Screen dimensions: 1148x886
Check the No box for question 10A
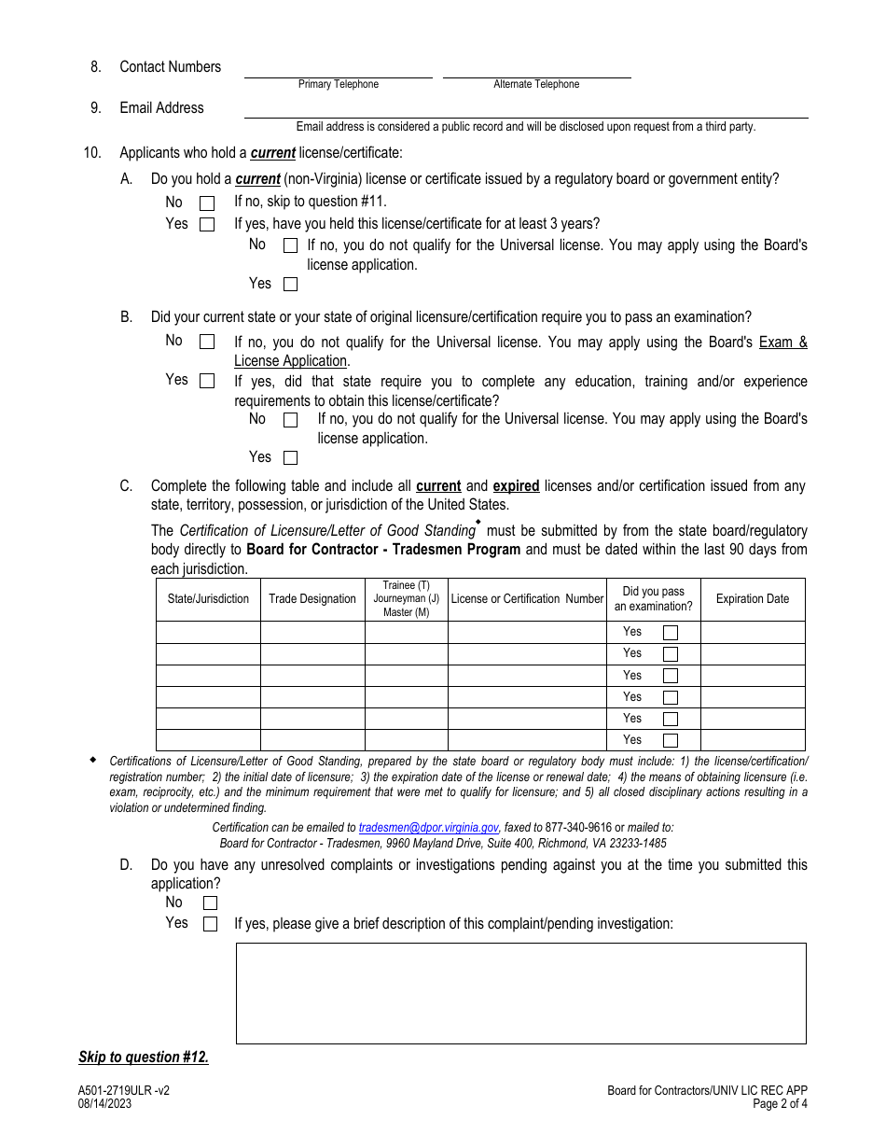click(x=207, y=203)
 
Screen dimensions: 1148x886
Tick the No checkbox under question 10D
click(x=210, y=903)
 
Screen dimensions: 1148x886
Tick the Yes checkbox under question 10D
click(x=210, y=924)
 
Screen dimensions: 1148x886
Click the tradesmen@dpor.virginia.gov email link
click(x=428, y=827)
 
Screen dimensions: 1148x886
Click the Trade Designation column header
click(x=312, y=599)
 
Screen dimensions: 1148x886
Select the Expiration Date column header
click(x=752, y=599)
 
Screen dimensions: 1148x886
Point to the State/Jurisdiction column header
click(x=208, y=599)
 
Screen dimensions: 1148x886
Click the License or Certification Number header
click(x=527, y=599)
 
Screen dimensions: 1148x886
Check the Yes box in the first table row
click(x=670, y=633)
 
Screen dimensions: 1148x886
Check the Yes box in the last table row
click(x=670, y=741)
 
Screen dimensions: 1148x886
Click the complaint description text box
click(x=520, y=993)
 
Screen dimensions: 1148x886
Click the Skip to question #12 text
click(x=144, y=1057)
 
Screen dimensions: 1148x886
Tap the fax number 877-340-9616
click(x=578, y=827)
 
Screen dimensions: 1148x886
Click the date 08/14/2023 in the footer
click(x=104, y=1103)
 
